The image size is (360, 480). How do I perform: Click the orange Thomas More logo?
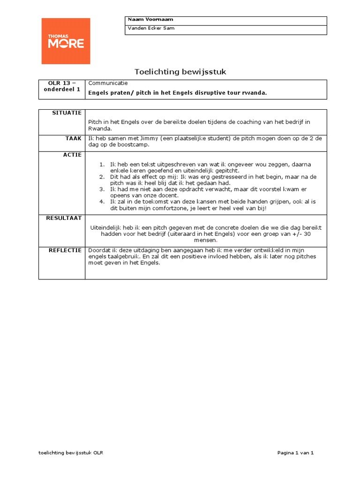(66, 41)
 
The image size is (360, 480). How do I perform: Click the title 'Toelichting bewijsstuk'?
(180, 71)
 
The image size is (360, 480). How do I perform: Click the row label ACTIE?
(73, 155)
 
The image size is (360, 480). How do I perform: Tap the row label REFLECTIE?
(65, 250)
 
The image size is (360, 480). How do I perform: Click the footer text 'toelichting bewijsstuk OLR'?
(71, 453)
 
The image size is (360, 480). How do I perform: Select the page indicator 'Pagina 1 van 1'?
(295, 453)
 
